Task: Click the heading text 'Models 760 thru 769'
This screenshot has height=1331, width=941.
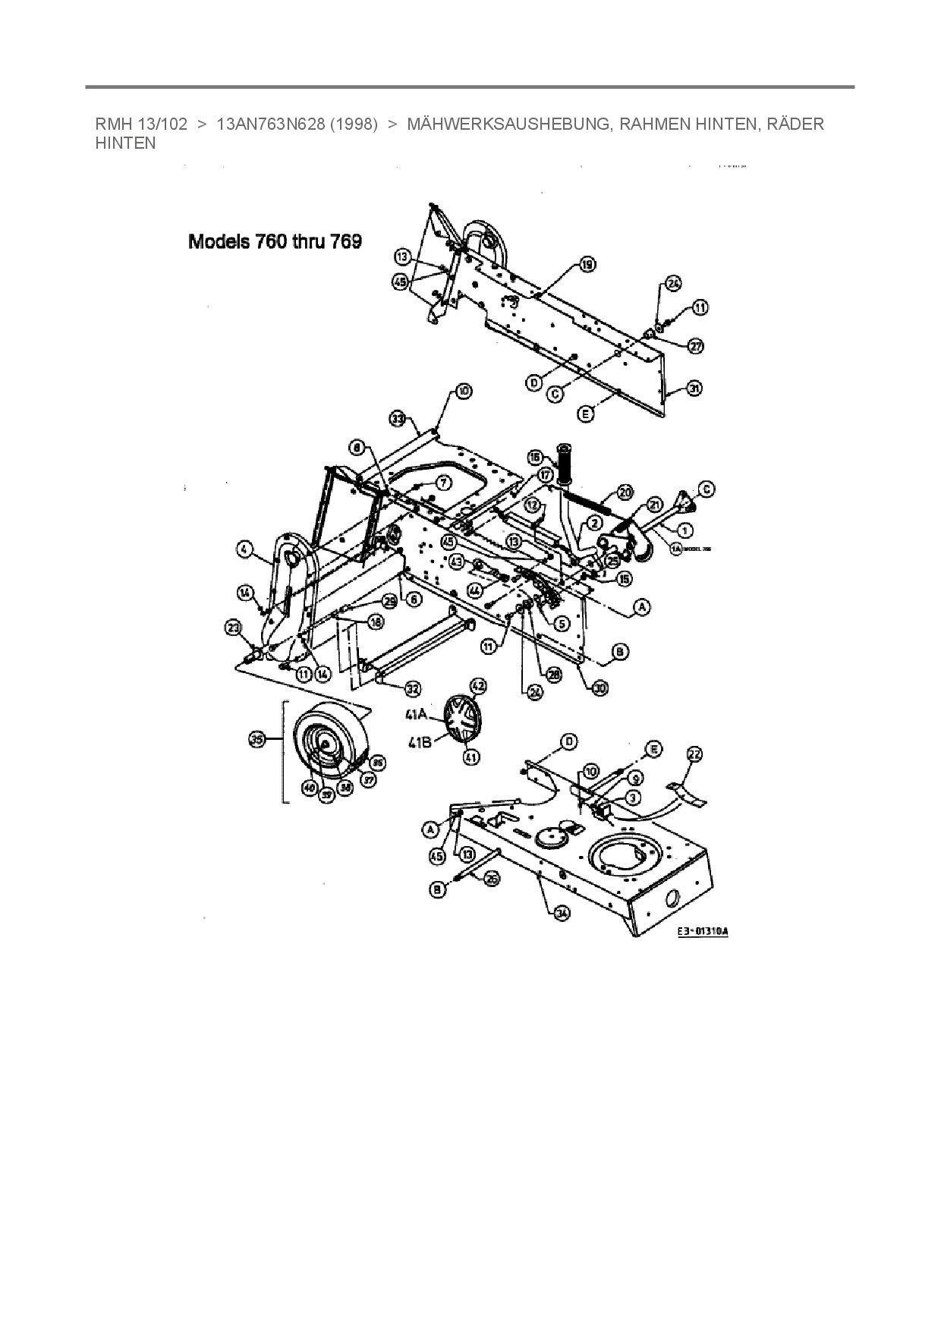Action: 275,242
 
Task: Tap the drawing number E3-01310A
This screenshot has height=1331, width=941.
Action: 702,931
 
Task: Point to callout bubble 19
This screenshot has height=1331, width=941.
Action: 587,264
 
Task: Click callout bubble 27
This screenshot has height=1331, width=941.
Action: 695,346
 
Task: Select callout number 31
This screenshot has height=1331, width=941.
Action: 694,388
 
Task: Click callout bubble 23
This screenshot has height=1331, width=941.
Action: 234,627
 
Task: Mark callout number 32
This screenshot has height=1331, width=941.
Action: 412,689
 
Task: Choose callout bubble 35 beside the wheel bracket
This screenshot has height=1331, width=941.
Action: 257,738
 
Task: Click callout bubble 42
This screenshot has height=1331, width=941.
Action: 478,685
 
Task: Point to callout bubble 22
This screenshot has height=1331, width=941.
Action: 694,754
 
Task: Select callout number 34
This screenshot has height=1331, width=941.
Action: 561,914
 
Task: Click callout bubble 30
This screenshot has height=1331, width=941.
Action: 600,688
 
